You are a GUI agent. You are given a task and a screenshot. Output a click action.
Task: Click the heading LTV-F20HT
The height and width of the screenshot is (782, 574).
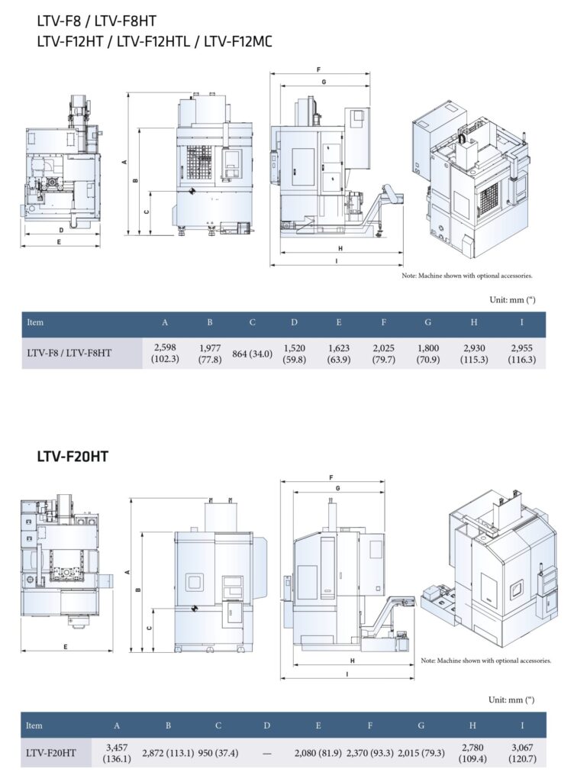73,457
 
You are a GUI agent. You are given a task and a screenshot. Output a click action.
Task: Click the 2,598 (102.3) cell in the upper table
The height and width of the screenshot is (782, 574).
165,353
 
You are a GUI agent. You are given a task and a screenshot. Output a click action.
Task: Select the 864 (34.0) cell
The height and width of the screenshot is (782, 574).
252,354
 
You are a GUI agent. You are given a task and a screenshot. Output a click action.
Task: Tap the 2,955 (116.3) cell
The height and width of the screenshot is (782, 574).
521,353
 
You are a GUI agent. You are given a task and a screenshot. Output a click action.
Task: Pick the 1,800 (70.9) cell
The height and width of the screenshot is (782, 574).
428,353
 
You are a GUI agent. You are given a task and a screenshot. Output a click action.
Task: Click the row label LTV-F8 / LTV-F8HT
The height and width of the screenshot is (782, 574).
69,353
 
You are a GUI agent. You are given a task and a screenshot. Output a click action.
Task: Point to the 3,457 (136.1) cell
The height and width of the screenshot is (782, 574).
117,752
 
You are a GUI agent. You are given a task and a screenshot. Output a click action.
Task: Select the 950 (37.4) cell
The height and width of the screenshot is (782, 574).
218,752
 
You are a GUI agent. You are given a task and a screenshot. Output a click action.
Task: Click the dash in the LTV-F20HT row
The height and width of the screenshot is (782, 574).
266,753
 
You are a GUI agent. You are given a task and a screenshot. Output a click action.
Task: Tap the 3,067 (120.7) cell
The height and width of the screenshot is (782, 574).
522,752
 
